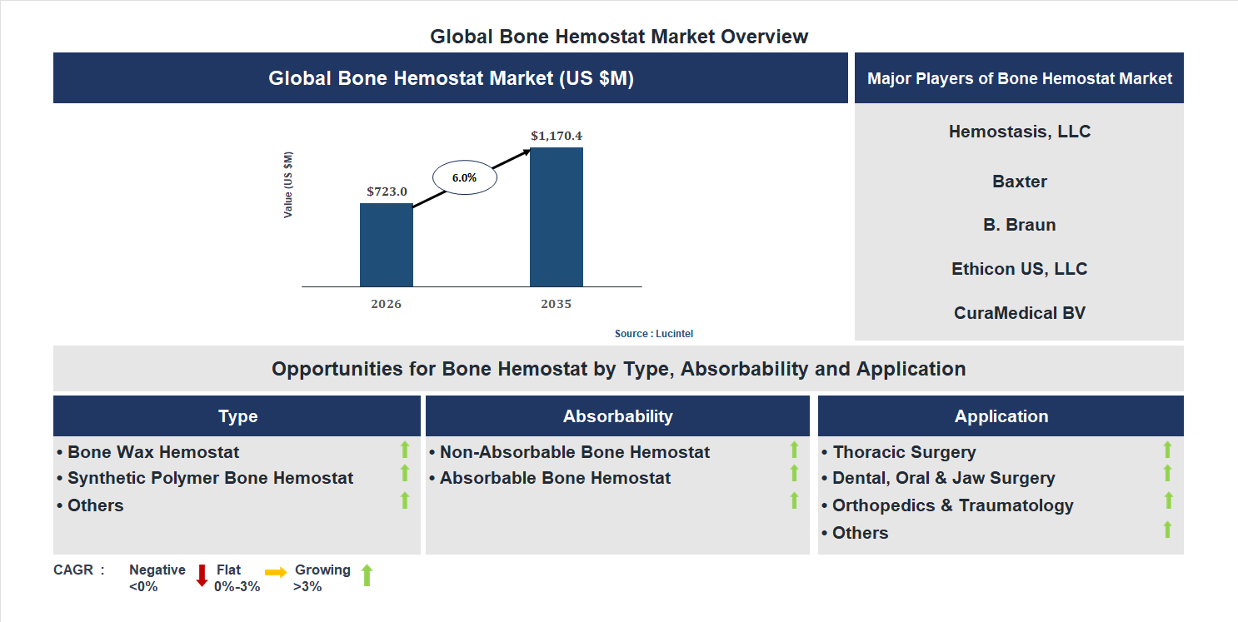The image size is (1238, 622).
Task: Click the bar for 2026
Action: click(x=386, y=245)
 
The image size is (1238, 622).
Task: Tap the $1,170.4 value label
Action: click(x=556, y=135)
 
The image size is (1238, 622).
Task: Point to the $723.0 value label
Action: click(x=387, y=191)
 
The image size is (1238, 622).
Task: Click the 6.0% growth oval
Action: click(x=464, y=177)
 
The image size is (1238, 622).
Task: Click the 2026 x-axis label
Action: click(x=386, y=304)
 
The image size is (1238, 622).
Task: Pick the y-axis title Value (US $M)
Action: click(x=288, y=185)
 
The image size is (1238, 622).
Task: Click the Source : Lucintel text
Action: click(x=653, y=333)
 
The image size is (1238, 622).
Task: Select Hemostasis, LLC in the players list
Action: click(x=1019, y=132)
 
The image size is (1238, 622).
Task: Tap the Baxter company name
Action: click(x=1019, y=182)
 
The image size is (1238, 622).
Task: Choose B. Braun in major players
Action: click(x=1019, y=225)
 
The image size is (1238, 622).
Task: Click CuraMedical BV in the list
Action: click(x=1019, y=313)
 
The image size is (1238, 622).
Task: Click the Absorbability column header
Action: click(x=617, y=416)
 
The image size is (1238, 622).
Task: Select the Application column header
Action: click(x=1001, y=416)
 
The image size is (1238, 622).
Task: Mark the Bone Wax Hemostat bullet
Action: click(x=153, y=452)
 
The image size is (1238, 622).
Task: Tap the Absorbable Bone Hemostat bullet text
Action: click(x=555, y=478)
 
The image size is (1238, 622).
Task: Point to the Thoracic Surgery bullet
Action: click(x=904, y=452)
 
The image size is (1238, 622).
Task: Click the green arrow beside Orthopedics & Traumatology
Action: click(x=1168, y=500)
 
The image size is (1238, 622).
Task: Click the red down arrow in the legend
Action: click(x=202, y=575)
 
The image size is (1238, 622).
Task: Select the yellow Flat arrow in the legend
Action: click(x=276, y=572)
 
